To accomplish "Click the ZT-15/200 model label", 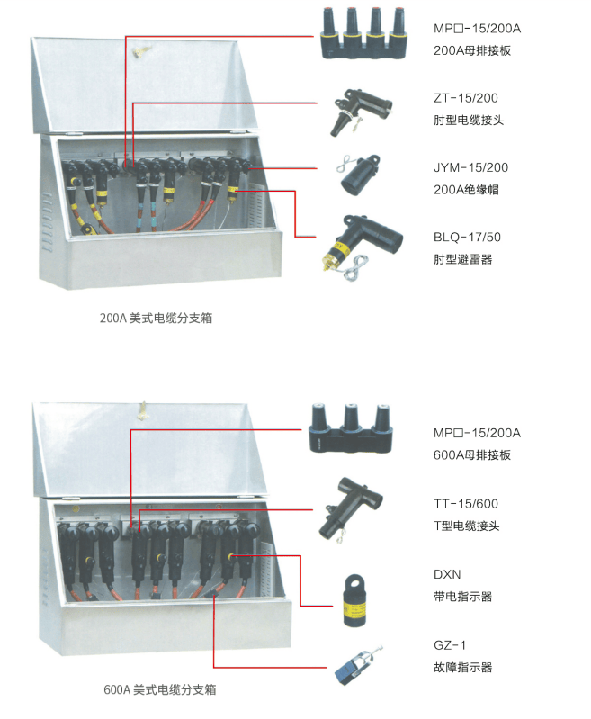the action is point(465,98).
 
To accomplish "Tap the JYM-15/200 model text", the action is point(470,168).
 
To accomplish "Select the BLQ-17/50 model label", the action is point(467,237).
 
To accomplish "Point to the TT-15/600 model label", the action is point(466,504).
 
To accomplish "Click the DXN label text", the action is point(447,574).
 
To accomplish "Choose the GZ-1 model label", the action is point(450,645).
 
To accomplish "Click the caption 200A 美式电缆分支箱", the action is point(156,318).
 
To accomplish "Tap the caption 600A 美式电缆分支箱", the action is point(159,689).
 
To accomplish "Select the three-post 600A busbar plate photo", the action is point(351,428).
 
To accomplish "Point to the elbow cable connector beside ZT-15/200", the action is point(361,112).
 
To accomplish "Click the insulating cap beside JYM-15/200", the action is point(359,175).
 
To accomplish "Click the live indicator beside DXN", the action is point(355,600).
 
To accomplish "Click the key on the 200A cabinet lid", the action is point(138,51).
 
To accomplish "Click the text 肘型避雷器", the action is point(463,259).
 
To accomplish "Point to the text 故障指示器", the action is point(463,667).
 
